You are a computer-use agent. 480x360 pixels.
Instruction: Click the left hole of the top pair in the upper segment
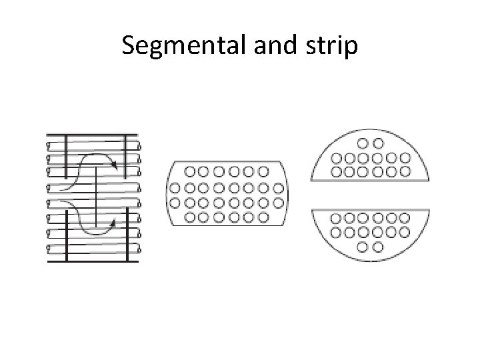pos(363,143)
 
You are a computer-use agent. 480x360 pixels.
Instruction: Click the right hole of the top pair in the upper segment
pos(378,143)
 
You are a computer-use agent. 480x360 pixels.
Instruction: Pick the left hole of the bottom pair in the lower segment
pos(363,247)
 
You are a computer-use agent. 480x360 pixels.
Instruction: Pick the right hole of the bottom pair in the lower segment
pos(378,247)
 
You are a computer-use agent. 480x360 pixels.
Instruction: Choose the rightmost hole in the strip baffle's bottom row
pos(264,217)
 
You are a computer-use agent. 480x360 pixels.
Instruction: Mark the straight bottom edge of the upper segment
pos(370,181)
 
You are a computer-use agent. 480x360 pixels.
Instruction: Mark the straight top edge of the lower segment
pos(370,209)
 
